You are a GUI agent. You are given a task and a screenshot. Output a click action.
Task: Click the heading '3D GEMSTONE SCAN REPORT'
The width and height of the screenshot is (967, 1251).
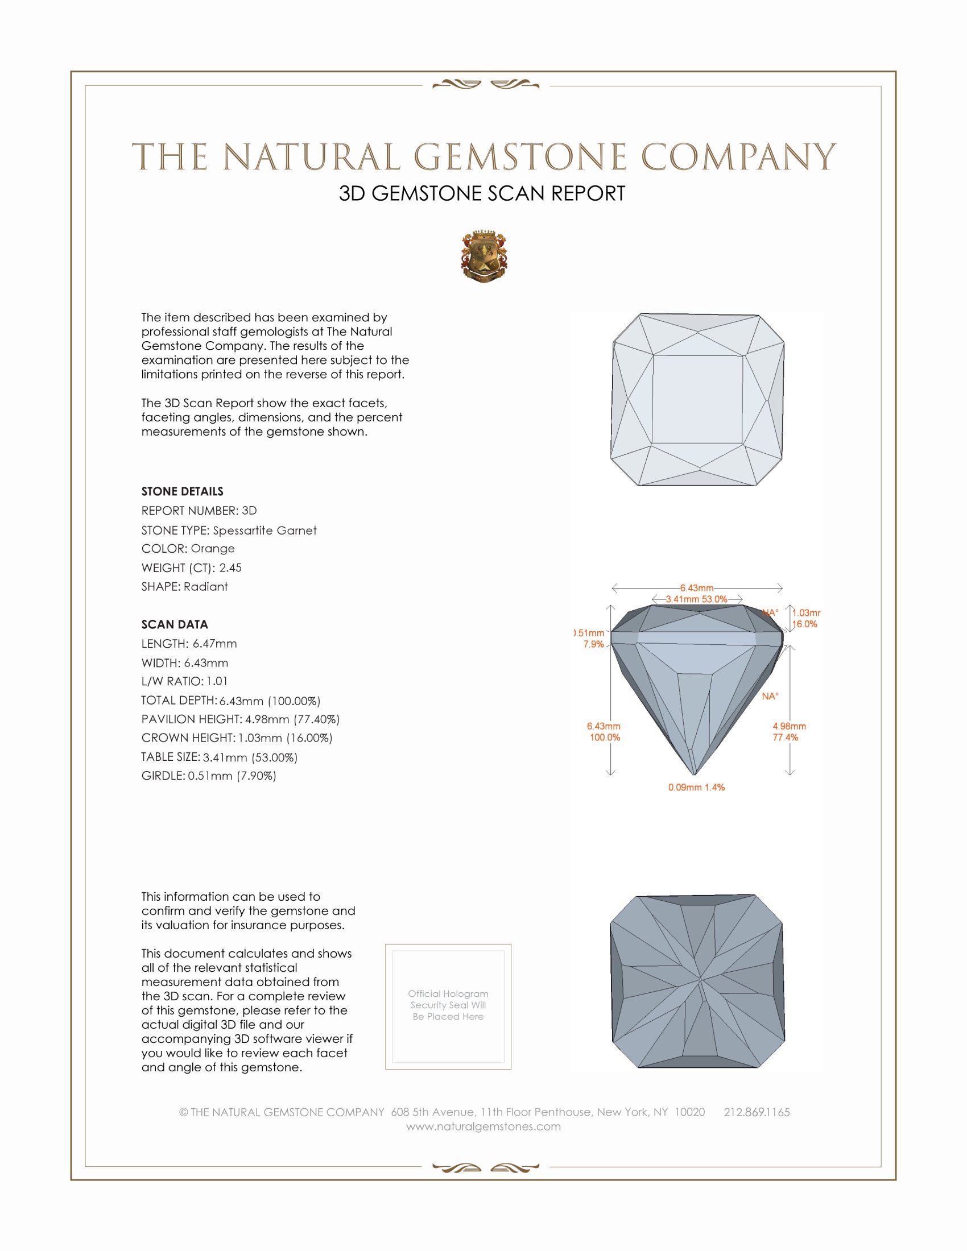point(482,193)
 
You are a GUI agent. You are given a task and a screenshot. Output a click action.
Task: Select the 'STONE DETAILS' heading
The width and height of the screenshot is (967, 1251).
point(182,491)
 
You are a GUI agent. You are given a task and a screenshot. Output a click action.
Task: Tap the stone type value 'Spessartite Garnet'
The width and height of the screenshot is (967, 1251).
point(265,531)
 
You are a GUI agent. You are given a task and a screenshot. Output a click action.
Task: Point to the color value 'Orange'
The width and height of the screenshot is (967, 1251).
point(213,549)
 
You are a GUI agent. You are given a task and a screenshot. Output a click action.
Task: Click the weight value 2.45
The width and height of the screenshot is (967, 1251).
point(230,567)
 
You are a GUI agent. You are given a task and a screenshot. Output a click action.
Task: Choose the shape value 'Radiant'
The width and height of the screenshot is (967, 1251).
point(206,587)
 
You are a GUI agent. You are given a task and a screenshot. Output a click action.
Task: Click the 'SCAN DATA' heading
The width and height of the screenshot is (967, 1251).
point(175,624)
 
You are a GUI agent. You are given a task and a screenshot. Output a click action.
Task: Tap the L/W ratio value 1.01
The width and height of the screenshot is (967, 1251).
point(217,682)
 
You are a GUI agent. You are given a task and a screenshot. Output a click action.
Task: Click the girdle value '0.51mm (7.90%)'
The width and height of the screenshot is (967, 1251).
point(232,776)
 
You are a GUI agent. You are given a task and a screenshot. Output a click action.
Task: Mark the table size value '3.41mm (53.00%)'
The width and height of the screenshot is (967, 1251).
point(250,757)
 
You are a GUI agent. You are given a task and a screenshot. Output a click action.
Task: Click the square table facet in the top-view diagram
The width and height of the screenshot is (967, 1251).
point(697,399)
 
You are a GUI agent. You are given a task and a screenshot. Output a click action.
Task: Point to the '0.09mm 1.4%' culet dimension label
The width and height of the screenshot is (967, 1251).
point(696,788)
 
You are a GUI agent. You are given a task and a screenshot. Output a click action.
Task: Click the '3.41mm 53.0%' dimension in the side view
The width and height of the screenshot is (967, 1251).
point(696,599)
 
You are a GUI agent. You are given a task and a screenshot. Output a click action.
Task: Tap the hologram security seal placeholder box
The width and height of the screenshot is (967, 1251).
point(448,1007)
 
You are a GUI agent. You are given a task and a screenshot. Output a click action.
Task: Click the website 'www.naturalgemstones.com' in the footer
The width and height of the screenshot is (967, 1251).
point(483,1126)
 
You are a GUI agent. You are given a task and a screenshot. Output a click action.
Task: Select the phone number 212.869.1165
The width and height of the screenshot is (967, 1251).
point(756,1112)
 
